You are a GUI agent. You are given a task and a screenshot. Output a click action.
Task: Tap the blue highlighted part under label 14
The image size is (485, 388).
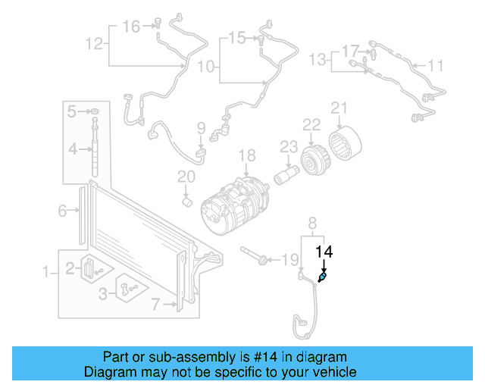click(x=323, y=278)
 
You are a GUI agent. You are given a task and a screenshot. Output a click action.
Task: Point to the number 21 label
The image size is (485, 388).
click(x=338, y=108)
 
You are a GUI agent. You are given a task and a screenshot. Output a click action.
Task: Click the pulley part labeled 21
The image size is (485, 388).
click(x=349, y=143)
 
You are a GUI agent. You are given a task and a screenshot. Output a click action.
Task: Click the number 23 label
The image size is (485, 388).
click(x=288, y=146)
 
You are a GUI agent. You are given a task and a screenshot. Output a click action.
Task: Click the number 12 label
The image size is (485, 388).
click(x=93, y=43)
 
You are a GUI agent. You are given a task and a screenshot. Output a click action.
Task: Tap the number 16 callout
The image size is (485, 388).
click(x=132, y=27)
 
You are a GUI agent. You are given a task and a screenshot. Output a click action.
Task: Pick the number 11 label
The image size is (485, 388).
click(x=435, y=66)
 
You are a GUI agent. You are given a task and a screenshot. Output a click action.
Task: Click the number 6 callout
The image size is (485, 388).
click(x=63, y=211)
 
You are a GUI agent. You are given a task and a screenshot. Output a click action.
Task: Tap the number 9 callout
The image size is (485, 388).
click(x=201, y=127)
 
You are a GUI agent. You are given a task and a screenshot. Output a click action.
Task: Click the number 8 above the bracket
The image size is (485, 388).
click(x=311, y=222)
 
